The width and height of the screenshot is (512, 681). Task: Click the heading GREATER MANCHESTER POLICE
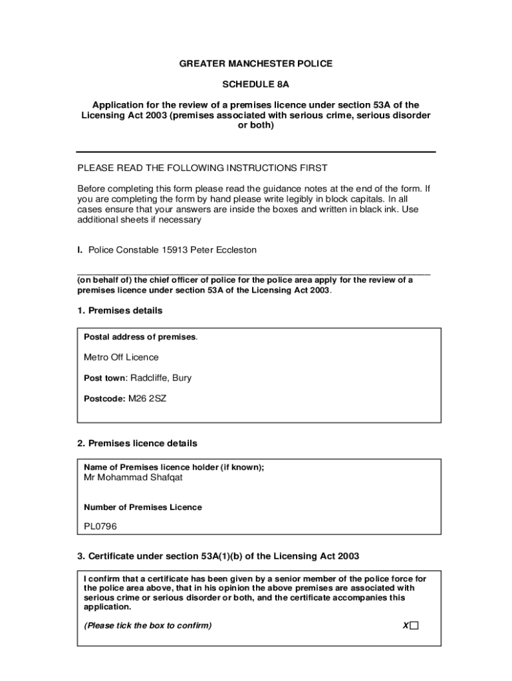click(x=256, y=64)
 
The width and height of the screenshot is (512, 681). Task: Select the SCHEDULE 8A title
click(x=256, y=84)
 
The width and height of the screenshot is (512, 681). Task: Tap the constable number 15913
click(x=175, y=250)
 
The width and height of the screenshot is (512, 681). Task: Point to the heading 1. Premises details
click(x=120, y=311)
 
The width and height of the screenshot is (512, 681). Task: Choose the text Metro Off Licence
click(x=121, y=357)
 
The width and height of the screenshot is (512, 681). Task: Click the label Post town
click(x=104, y=378)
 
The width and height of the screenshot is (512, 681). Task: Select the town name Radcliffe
click(x=149, y=378)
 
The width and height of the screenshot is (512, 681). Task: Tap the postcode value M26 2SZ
click(x=147, y=399)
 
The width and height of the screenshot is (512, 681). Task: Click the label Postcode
click(x=104, y=399)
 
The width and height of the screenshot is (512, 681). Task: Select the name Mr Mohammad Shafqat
click(x=133, y=477)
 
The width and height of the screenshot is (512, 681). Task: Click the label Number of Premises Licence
click(x=142, y=507)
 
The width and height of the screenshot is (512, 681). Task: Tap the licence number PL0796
click(x=100, y=526)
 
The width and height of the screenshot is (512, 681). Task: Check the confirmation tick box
click(x=415, y=626)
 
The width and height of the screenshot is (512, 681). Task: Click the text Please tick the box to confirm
click(x=148, y=626)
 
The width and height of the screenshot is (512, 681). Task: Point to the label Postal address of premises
click(x=140, y=337)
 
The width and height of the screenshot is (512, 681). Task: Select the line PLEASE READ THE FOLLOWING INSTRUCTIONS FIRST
click(x=203, y=168)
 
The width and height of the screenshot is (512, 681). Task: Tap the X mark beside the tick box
click(x=406, y=626)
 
